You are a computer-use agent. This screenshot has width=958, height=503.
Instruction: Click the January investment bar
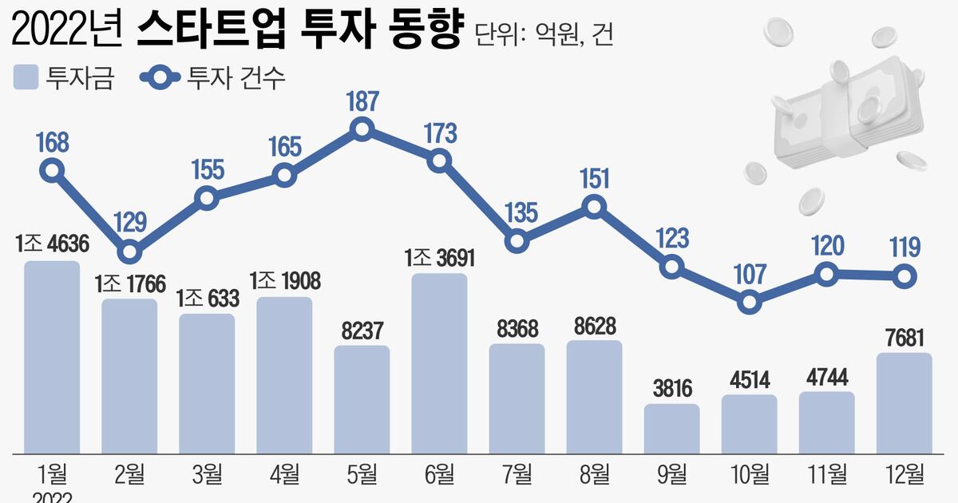click(52, 355)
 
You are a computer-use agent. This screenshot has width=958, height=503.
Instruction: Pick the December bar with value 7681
click(904, 402)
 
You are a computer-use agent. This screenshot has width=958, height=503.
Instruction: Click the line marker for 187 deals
click(362, 129)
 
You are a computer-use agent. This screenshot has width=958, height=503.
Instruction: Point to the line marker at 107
click(749, 303)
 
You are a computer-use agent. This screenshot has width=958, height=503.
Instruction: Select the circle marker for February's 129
click(129, 253)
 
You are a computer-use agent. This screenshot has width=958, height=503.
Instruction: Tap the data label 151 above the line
click(594, 179)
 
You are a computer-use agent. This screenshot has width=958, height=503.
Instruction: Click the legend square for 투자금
click(26, 78)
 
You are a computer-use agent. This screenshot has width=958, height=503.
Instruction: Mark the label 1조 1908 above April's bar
click(284, 281)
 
